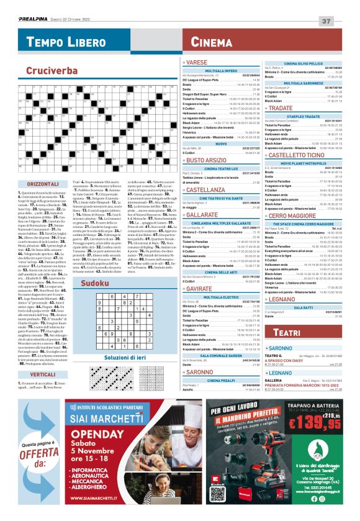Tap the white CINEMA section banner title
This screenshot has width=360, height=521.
click(212, 42)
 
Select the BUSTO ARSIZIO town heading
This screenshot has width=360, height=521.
click(208, 160)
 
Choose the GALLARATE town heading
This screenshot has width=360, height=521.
click(205, 215)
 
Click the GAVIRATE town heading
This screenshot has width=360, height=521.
click(203, 271)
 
